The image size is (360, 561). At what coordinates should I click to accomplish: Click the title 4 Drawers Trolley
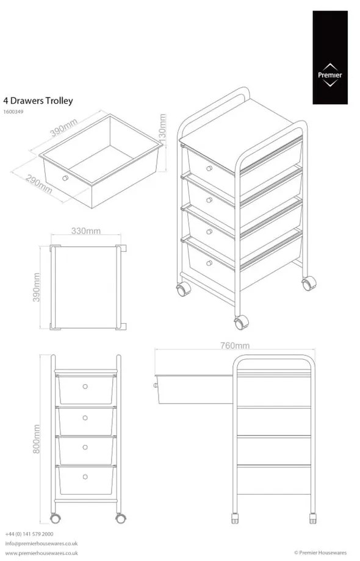pyautogui.click(x=38, y=101)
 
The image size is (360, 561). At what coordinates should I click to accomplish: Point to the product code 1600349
pyautogui.click(x=14, y=112)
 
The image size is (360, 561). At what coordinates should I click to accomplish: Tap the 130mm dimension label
pyautogui.click(x=162, y=128)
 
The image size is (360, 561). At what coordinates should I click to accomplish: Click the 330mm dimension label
pyautogui.click(x=86, y=230)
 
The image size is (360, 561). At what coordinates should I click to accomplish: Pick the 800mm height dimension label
pyautogui.click(x=36, y=439)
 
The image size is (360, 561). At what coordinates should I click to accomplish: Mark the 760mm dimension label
pyautogui.click(x=234, y=346)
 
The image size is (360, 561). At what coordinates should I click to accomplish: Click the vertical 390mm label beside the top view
pyautogui.click(x=36, y=287)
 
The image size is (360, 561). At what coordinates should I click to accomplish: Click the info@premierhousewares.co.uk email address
pyautogui.click(x=41, y=543)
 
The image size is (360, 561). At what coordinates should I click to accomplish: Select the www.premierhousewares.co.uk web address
pyautogui.click(x=41, y=553)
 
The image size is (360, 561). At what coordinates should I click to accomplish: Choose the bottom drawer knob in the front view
pyautogui.click(x=85, y=476)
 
